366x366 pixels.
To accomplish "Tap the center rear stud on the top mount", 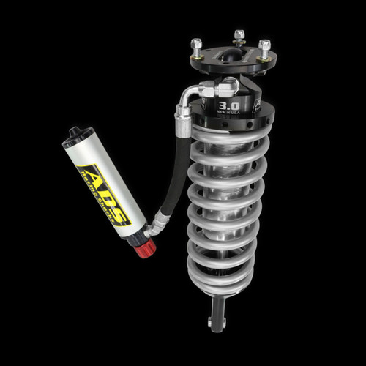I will point(239,37).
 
